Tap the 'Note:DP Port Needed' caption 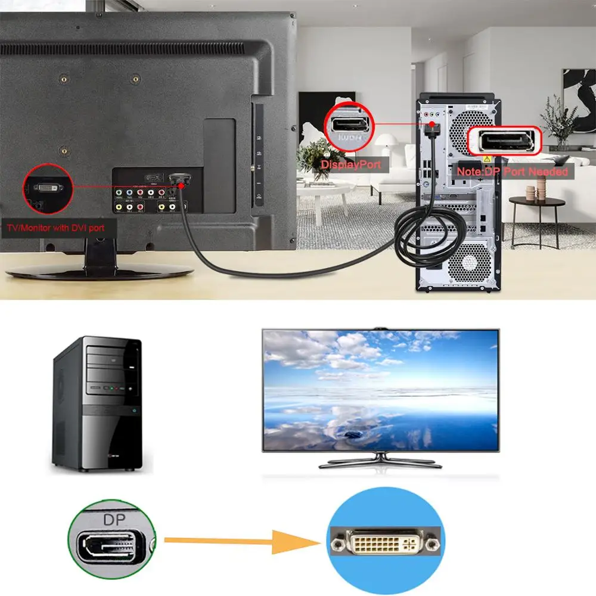512,172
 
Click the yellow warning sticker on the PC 486,159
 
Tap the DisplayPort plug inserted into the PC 432,126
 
